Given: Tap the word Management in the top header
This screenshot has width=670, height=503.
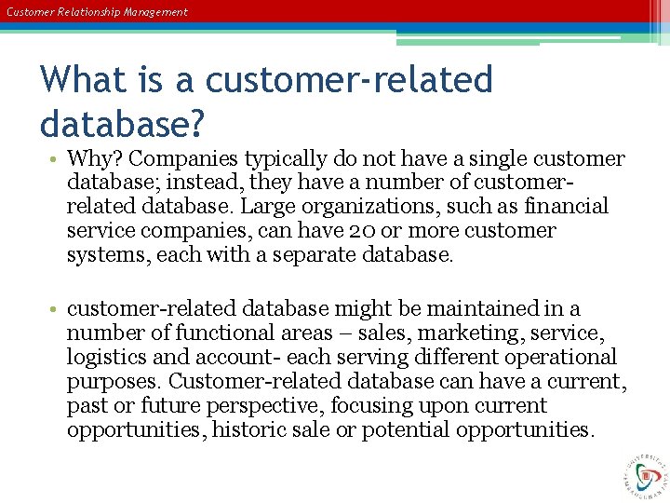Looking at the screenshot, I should (x=154, y=12).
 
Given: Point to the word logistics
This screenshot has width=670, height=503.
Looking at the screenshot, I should (x=104, y=358).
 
